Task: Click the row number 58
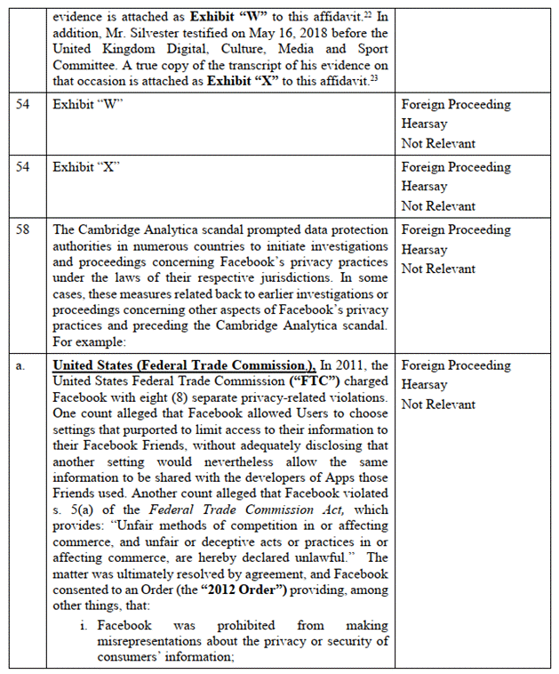[x=25, y=229]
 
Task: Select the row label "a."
[x=20, y=366]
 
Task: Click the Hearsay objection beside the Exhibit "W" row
[x=424, y=124]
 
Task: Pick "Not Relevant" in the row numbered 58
[x=438, y=269]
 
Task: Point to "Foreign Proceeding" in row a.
[x=456, y=365]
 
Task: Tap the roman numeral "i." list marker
[x=85, y=626]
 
